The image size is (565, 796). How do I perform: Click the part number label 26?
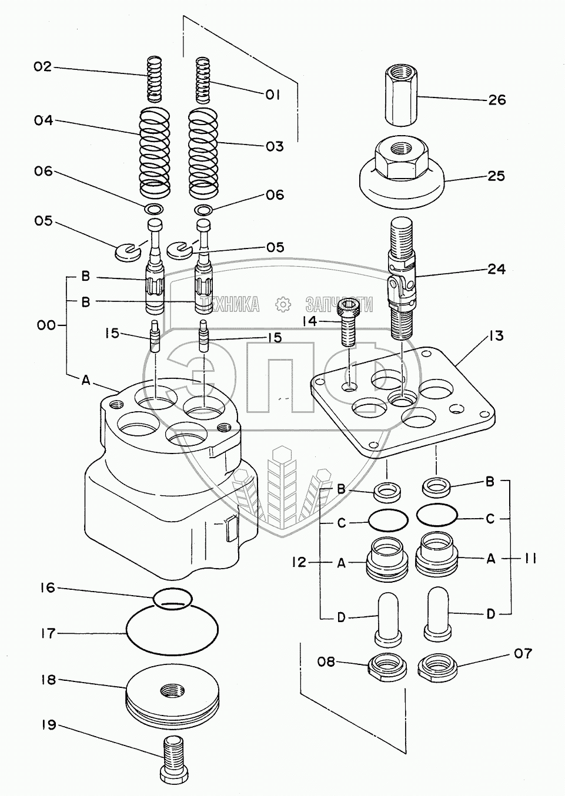click(x=497, y=100)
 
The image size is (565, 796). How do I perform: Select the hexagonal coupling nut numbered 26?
click(x=401, y=96)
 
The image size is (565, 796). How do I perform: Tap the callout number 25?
click(x=496, y=176)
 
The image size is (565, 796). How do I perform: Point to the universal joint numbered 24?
click(x=402, y=280)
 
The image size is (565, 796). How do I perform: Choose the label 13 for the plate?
click(x=496, y=335)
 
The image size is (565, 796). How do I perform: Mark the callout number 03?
click(x=274, y=147)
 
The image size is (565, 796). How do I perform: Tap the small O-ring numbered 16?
click(x=173, y=599)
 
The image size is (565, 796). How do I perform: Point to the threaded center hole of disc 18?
click(x=172, y=691)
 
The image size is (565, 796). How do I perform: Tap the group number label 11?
click(x=527, y=559)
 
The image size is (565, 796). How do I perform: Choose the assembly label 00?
click(x=46, y=325)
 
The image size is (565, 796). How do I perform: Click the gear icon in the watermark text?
click(x=283, y=304)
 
